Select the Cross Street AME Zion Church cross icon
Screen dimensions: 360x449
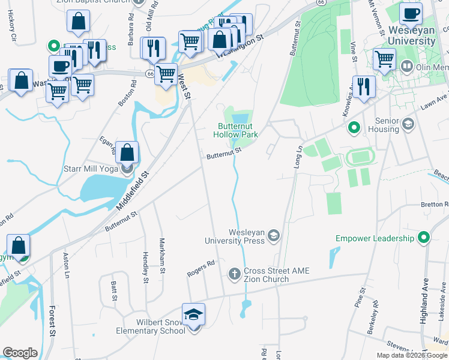pyautogui.click(x=235, y=274)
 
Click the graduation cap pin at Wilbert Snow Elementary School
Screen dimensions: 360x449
pyautogui.click(x=194, y=314)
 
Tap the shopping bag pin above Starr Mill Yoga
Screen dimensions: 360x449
pyautogui.click(x=127, y=152)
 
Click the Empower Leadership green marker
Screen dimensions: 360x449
pyautogui.click(x=424, y=238)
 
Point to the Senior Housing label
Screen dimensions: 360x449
pyautogui.click(x=379, y=125)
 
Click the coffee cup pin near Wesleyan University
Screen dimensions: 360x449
pyautogui.click(x=411, y=13)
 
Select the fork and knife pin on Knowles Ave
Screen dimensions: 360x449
pyautogui.click(x=364, y=86)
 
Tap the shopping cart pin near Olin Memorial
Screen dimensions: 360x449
pyautogui.click(x=384, y=59)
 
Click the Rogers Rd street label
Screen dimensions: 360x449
pyautogui.click(x=200, y=266)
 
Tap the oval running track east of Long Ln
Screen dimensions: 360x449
pyautogui.click(x=360, y=157)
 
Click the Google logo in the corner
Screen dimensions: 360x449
pyautogui.click(x=20, y=353)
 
